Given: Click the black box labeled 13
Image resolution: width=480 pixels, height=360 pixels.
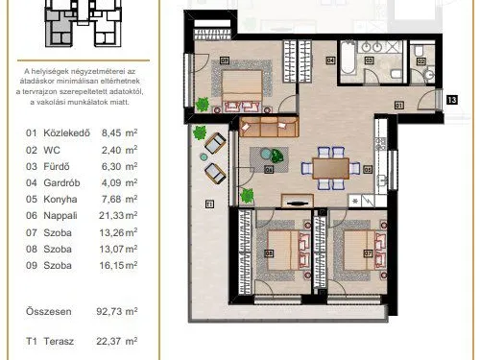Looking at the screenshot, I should pos(452,98).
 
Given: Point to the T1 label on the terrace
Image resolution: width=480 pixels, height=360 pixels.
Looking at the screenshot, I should pos(208,203).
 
